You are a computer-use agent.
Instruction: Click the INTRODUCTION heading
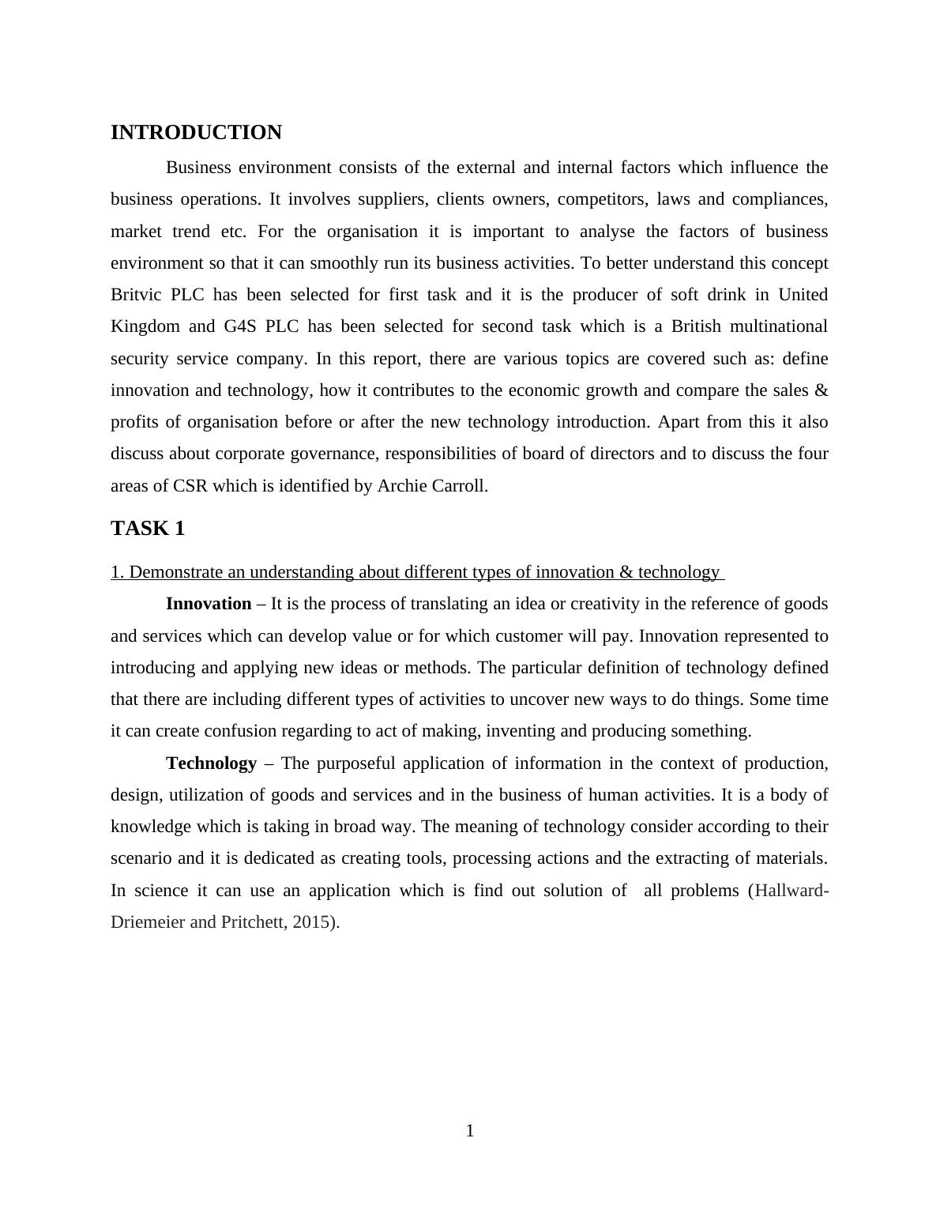pyautogui.click(x=196, y=133)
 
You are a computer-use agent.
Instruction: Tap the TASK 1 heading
pyautogui.click(x=148, y=529)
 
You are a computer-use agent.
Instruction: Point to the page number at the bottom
pyautogui.click(x=470, y=1131)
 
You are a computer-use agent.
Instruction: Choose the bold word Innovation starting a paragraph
pyautogui.click(x=209, y=605)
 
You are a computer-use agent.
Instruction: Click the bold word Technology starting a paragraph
pyautogui.click(x=211, y=763)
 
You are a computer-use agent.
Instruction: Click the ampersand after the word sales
pyautogui.click(x=822, y=390)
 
